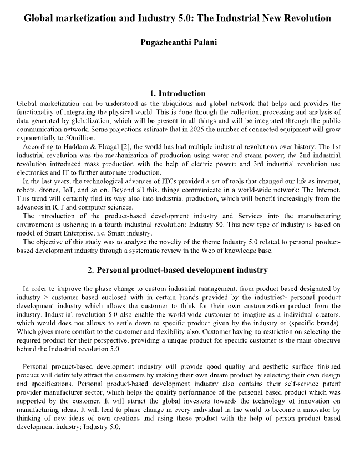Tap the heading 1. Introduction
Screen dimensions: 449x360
coord(178,93)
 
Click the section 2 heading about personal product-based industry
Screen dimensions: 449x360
coord(178,270)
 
